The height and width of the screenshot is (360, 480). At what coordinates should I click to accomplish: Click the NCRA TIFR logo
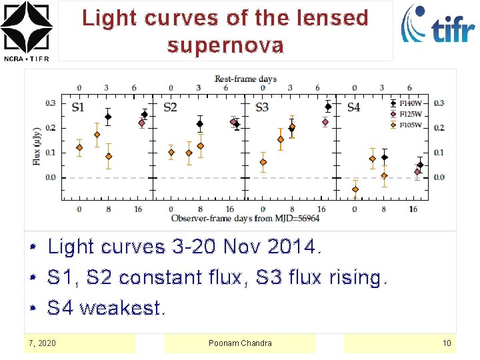point(27,30)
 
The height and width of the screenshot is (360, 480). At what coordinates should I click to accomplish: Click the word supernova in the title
point(225,45)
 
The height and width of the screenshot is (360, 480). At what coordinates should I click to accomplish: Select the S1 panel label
point(78,107)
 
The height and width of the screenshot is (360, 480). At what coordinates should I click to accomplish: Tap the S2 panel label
point(170,107)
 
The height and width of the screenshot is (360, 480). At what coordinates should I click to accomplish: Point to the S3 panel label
point(262,107)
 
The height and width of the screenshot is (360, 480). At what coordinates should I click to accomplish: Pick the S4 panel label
point(353,107)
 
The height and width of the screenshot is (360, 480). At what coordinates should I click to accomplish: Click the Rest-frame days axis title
point(245,79)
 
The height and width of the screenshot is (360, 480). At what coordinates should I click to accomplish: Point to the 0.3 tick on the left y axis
point(51,103)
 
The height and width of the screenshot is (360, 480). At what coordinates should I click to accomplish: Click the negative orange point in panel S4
point(355,189)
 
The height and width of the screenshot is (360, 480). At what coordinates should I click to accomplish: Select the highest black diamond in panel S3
point(328,107)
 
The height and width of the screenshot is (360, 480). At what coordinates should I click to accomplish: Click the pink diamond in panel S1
point(141,123)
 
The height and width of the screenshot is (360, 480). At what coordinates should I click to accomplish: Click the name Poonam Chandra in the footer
point(240,343)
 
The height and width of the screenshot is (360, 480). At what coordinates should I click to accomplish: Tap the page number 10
point(447,343)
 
